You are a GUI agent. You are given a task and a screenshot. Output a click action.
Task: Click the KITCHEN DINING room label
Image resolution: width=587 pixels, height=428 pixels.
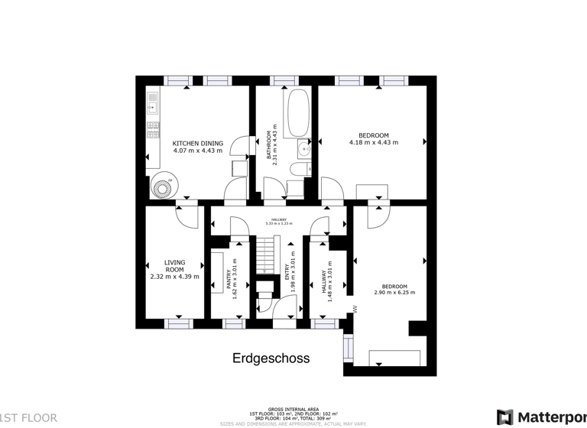pos(197,143)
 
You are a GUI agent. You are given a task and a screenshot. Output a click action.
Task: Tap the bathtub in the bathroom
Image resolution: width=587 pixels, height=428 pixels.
pos(297,112)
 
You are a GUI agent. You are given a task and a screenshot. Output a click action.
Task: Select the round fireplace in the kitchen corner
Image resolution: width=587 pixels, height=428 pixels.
pos(161,186)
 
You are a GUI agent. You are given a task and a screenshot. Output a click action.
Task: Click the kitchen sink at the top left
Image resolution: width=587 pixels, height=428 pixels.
pos(153,103)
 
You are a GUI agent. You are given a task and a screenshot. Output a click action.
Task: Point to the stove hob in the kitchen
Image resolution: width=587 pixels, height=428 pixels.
pos(153,128)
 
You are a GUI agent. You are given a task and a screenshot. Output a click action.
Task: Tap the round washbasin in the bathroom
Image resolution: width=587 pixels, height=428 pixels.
pos(305,150)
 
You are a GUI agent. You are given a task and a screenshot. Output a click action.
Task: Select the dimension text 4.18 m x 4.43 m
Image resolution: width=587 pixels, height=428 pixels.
pos(374,143)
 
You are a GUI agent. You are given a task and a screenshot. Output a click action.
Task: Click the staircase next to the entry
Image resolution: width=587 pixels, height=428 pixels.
pos(264,248)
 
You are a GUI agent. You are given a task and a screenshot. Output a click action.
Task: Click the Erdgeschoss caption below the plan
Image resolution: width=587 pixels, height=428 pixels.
pos(271,358)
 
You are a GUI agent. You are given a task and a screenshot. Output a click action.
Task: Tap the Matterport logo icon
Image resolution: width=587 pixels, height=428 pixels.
pos(504,417)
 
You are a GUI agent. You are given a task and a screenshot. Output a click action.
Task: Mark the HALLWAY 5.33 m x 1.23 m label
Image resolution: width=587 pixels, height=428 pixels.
pos(279,221)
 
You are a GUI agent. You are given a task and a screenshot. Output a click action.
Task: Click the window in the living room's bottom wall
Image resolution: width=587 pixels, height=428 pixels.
pos(177,324)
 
